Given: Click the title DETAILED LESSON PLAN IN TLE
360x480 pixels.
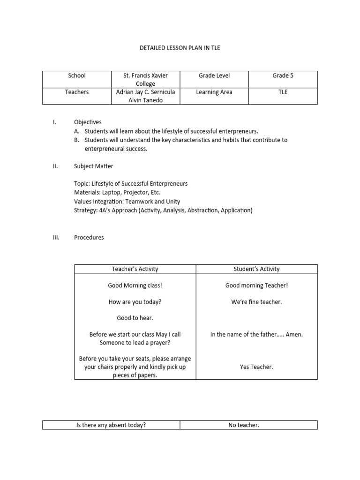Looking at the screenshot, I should click(x=180, y=48).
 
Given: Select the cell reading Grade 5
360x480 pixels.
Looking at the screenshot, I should click(x=283, y=75).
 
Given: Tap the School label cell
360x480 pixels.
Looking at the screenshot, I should click(x=76, y=75).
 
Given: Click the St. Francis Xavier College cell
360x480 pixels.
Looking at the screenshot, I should click(x=145, y=80).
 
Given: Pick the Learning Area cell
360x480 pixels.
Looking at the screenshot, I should click(x=214, y=92).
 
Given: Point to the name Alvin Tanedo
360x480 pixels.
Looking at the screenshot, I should click(x=145, y=100).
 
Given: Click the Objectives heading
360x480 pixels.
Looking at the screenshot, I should click(x=88, y=122).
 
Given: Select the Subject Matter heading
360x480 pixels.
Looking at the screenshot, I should click(x=93, y=166).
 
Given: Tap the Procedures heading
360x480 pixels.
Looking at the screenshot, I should click(x=89, y=237).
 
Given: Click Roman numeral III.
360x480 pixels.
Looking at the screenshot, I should click(x=56, y=237).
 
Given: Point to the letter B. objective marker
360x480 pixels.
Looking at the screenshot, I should click(x=77, y=140).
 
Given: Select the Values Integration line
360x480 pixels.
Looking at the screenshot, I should click(x=127, y=202).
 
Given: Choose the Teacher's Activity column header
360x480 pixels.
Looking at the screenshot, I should click(x=135, y=269).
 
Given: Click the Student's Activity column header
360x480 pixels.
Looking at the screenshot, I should click(x=256, y=269).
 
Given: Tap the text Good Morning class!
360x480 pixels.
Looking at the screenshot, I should click(x=135, y=285).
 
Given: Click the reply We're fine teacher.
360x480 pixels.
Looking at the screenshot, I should click(x=256, y=302).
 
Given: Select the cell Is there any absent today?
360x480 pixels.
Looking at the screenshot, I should click(x=111, y=425).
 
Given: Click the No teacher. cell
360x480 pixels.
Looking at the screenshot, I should click(x=244, y=425).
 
